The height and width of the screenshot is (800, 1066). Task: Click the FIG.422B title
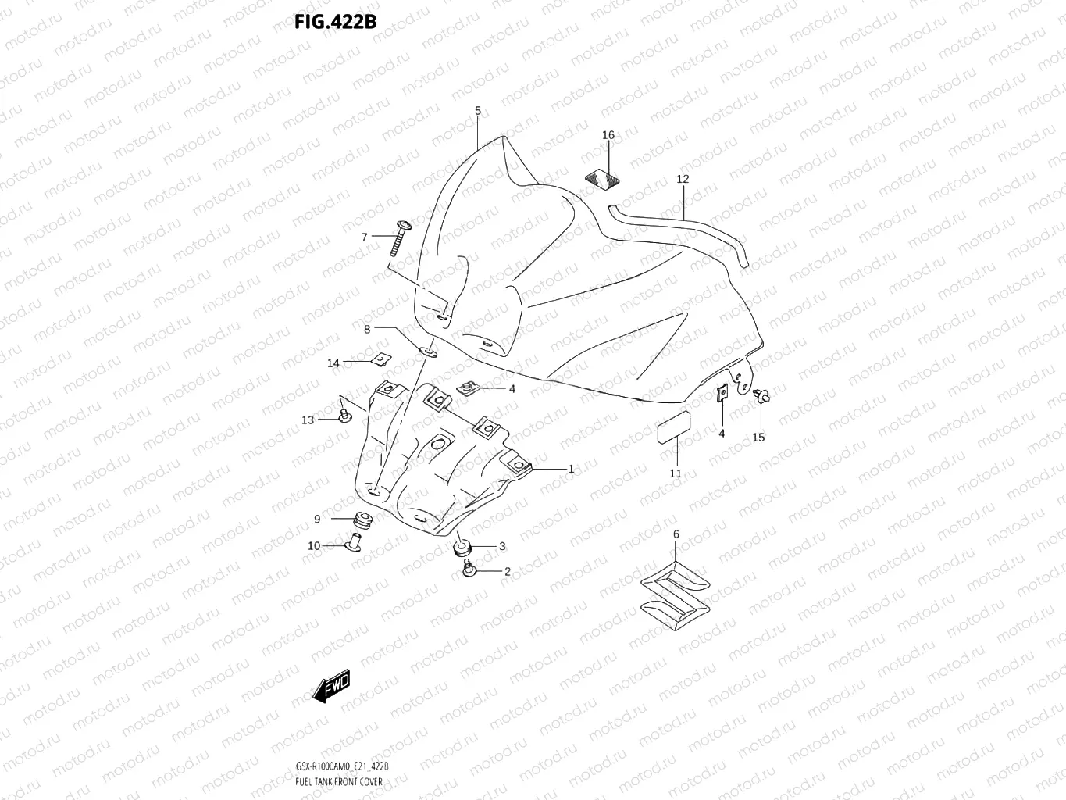click(335, 22)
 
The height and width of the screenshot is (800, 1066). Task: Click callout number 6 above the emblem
click(676, 534)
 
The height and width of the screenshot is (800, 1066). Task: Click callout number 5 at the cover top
click(478, 111)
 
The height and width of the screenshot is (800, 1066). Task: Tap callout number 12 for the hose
click(683, 179)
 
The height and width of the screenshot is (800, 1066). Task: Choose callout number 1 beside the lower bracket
click(571, 469)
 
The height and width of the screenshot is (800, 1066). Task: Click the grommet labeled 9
click(361, 519)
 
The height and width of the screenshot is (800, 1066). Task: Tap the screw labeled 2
click(469, 570)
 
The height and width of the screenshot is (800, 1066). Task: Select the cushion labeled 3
click(462, 547)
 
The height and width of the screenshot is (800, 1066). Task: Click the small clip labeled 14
click(380, 359)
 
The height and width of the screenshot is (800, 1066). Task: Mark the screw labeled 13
click(344, 414)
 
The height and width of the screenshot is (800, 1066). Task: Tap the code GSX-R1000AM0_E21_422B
click(342, 766)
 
